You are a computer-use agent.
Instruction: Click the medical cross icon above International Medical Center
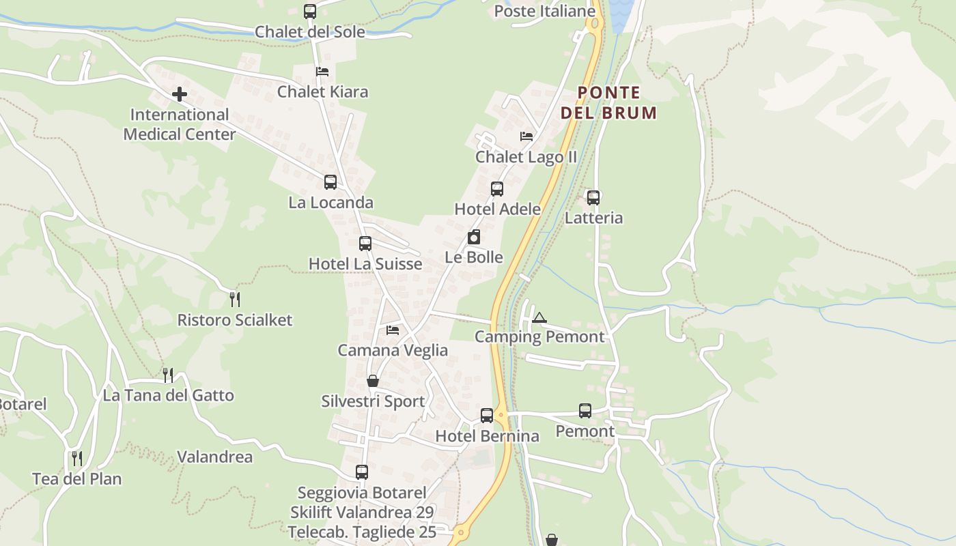coord(180,94)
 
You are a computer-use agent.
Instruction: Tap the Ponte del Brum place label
coord(609,103)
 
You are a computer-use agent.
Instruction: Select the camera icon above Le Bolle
coord(474,237)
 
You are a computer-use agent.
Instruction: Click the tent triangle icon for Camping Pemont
coord(539,317)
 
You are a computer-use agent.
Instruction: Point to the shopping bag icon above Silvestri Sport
coord(373,381)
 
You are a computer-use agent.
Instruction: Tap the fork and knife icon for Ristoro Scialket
coord(235,299)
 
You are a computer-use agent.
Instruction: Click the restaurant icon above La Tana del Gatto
coord(168,375)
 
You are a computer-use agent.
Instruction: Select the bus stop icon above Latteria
coord(593,198)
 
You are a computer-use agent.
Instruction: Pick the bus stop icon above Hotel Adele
coord(497,189)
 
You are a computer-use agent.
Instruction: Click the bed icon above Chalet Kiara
coord(322,72)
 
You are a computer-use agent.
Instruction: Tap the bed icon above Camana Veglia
coord(393,330)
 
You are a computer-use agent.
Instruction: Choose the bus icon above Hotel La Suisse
coord(365,244)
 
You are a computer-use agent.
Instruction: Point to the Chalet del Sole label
coord(310,32)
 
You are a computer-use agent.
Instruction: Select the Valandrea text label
coord(215,457)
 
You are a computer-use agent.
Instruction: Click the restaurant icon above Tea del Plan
coord(77,458)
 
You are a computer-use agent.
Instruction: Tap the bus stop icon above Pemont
coord(585,411)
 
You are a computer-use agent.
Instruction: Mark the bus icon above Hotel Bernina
coord(487,415)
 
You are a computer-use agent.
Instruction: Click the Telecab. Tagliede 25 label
coord(362,532)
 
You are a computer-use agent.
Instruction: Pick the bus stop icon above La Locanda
coord(331,182)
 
